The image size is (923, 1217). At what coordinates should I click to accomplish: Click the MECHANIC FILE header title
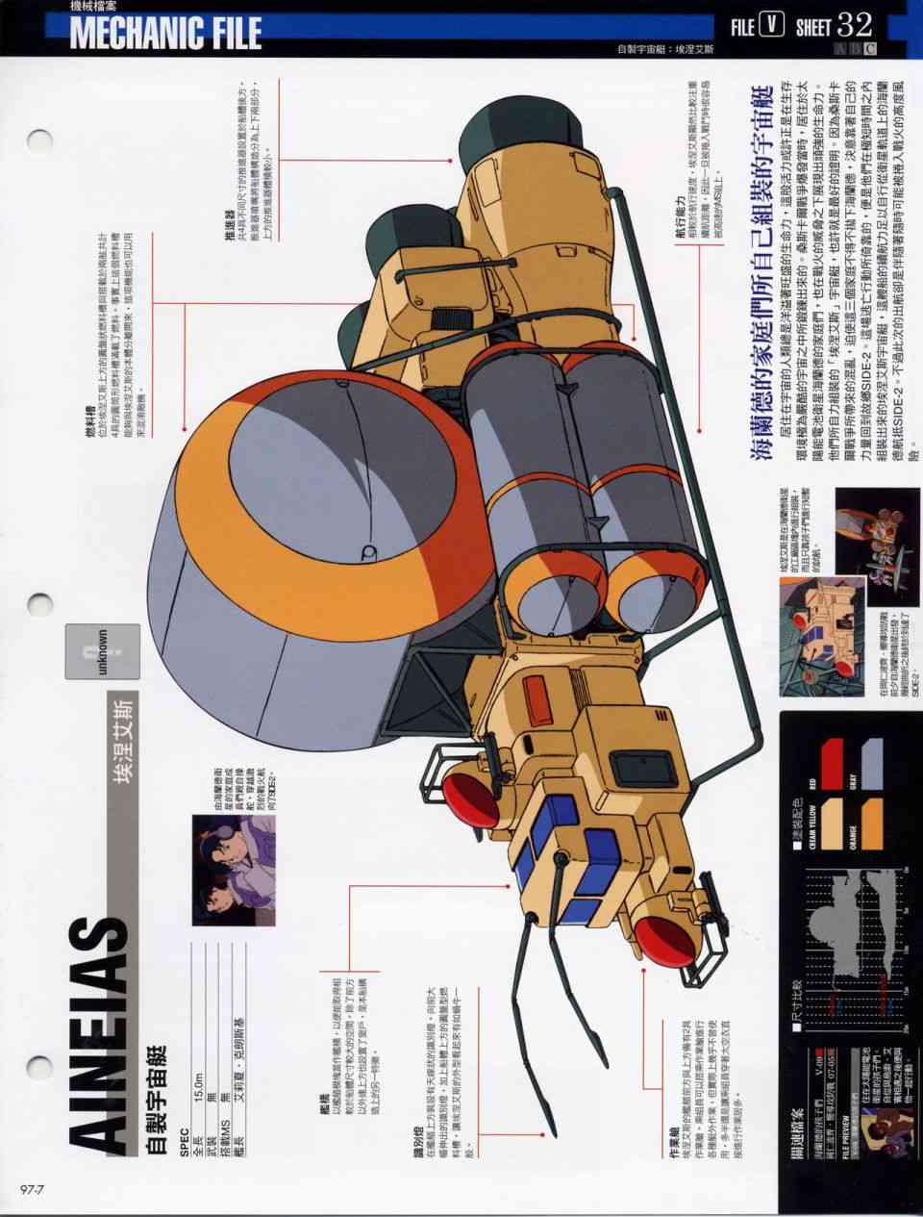point(165,32)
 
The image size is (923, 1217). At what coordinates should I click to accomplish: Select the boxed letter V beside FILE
point(770,25)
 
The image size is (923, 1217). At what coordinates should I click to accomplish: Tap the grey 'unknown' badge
point(102,652)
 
